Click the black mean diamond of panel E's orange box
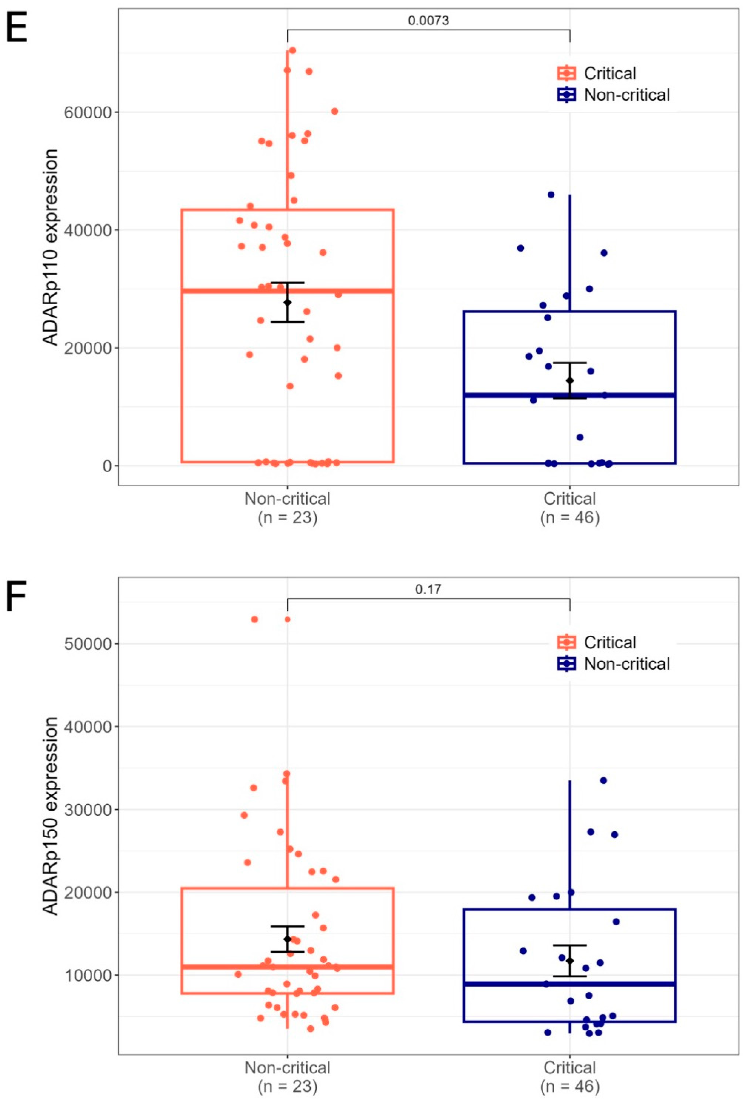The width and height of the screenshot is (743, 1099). [287, 302]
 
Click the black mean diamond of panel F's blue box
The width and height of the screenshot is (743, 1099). [570, 961]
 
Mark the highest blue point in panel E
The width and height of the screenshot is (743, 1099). [551, 194]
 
